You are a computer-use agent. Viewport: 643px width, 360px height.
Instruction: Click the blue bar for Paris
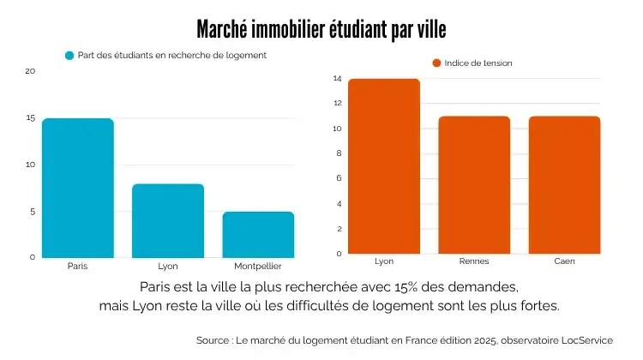pos(78,188)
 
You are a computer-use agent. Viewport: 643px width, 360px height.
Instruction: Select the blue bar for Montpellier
pos(258,234)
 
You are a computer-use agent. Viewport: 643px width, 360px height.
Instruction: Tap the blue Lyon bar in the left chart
pos(168,220)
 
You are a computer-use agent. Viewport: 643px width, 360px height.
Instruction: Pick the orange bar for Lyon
pos(384,166)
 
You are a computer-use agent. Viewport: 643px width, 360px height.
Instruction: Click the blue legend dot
pos(70,56)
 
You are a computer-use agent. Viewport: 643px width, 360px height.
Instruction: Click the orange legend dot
pos(436,63)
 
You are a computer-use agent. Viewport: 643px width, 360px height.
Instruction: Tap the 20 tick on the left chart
pos(30,71)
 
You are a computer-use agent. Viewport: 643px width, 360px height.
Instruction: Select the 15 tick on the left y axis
pos(30,118)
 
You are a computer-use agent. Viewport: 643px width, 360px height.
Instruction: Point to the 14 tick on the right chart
pos(338,79)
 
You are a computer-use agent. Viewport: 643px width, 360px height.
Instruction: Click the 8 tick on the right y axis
pos(339,153)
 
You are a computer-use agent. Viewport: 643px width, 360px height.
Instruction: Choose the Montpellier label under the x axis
pos(258,266)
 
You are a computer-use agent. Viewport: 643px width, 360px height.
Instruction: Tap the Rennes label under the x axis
pos(474,261)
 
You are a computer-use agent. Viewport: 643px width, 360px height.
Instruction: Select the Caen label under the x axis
pos(564,261)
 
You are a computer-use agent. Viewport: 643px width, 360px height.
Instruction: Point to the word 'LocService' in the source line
pos(584,340)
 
